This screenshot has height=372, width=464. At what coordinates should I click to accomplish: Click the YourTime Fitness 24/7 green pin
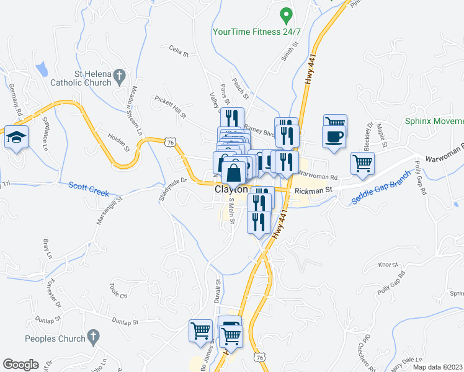tap(286, 14)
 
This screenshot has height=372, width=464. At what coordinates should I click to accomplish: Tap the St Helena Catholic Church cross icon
tap(121, 77)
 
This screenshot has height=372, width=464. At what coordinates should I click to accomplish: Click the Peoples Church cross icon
tap(92, 339)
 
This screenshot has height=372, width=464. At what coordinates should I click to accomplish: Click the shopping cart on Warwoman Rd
tap(362, 164)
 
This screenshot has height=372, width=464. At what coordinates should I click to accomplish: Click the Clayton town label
tap(231, 189)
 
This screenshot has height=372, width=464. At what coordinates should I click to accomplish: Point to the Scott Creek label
tap(89, 185)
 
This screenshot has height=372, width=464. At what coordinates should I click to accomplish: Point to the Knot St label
tap(387, 265)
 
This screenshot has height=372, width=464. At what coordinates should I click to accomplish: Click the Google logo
tap(20, 365)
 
